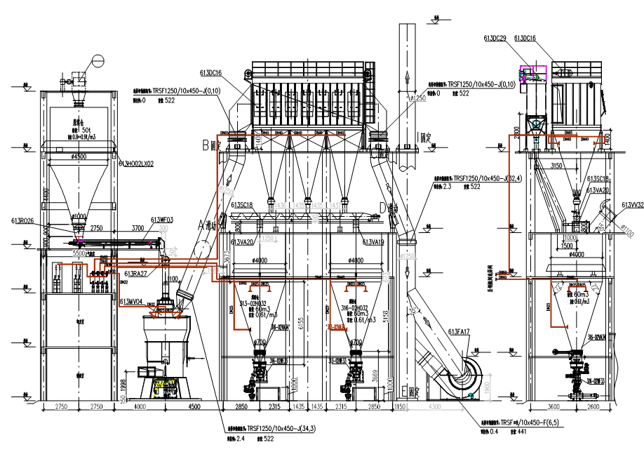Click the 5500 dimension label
tap(79, 253)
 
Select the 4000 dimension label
tap(140, 406)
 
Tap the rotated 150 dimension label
tap(123, 399)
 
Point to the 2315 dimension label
tap(341, 406)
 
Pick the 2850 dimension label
tap(374, 406)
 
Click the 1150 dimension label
tap(400, 406)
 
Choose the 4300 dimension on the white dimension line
tap(435, 406)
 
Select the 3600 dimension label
tap(554, 406)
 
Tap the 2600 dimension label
tap(593, 406)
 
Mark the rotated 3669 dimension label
tap(375, 375)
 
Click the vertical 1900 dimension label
tap(487, 387)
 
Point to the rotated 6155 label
tap(300, 323)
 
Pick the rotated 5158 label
tap(385, 317)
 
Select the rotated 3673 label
tap(227, 257)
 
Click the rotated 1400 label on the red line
tap(258, 139)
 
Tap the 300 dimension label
tap(163, 228)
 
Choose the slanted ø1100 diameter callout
tap(627, 230)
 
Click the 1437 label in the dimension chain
tap(335, 206)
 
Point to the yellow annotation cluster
tap(163, 385)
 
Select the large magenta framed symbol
tap(532, 74)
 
